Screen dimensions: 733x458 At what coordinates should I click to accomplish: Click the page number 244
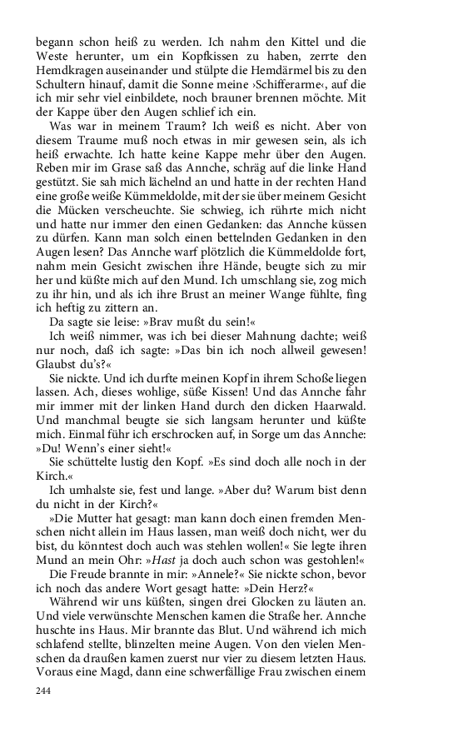point(44,691)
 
